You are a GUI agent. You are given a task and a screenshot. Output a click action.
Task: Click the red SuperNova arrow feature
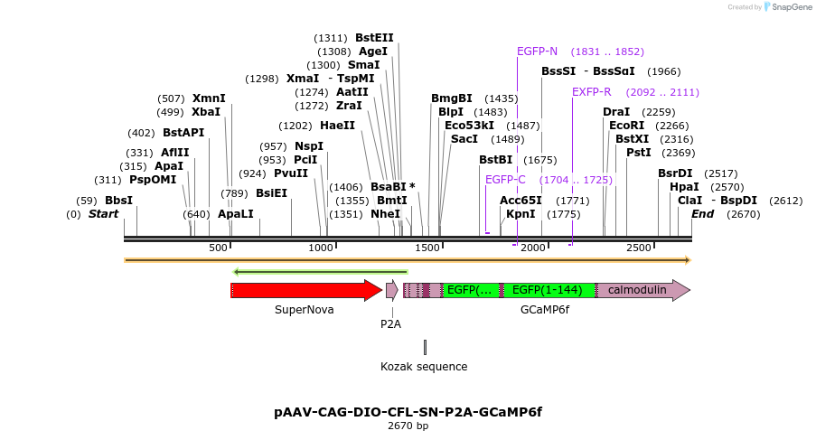tap(304, 290)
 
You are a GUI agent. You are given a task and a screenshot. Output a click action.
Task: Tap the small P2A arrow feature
tap(391, 290)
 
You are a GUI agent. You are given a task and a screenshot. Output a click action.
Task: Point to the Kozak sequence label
tap(424, 367)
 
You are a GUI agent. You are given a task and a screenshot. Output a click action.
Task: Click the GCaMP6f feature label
tap(544, 310)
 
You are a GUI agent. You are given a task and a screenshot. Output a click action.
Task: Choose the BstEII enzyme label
tap(374, 38)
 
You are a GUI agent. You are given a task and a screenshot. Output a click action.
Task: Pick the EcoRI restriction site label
tap(626, 126)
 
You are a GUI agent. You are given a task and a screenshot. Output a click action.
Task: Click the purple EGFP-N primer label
tap(537, 51)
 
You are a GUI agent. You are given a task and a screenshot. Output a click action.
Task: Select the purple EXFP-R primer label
tap(591, 92)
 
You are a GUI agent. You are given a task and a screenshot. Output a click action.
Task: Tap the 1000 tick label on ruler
tap(322, 248)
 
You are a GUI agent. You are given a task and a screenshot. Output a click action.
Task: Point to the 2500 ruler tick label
tap(639, 248)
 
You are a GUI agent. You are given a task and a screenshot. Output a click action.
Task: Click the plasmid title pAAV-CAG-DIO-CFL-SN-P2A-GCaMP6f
tap(408, 412)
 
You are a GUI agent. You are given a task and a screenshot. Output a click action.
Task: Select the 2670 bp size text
tap(408, 426)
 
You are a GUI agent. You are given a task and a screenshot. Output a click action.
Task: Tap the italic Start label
tap(103, 214)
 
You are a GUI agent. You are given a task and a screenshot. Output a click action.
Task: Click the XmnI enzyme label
tap(209, 98)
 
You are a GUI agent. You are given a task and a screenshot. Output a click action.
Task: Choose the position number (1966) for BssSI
tap(663, 71)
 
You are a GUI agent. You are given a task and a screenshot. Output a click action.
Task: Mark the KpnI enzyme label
tap(521, 214)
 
